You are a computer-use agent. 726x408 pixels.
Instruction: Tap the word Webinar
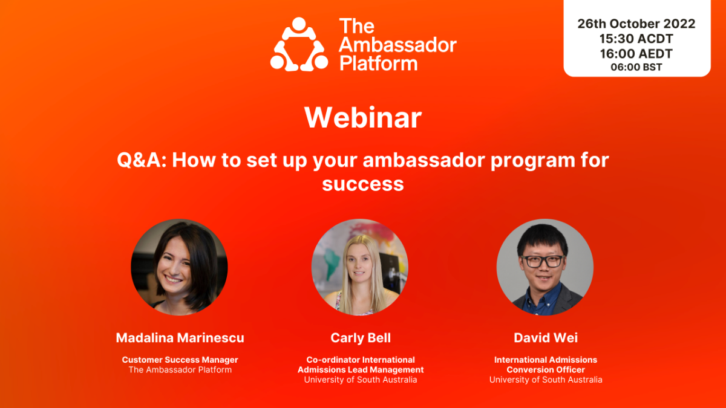pyautogui.click(x=363, y=117)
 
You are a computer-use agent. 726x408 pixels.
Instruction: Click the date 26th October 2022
pyautogui.click(x=636, y=24)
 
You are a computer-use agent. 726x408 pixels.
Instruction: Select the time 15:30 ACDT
pyautogui.click(x=636, y=39)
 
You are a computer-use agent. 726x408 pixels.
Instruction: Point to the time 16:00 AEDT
pyautogui.click(x=636, y=53)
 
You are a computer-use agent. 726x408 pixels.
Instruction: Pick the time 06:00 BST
pyautogui.click(x=636, y=67)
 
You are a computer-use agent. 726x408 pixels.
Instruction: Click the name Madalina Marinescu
pyautogui.click(x=180, y=338)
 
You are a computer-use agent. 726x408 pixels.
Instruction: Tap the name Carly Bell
pyautogui.click(x=361, y=338)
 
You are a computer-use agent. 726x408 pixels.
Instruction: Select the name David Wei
pyautogui.click(x=546, y=338)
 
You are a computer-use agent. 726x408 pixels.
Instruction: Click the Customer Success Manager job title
pyautogui.click(x=180, y=360)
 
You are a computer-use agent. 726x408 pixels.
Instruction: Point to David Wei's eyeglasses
pyautogui.click(x=543, y=261)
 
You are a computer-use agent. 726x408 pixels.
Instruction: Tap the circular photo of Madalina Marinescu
pyautogui.click(x=179, y=267)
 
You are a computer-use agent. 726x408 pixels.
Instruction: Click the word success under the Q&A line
pyautogui.click(x=363, y=183)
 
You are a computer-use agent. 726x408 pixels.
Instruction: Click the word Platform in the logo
pyautogui.click(x=378, y=63)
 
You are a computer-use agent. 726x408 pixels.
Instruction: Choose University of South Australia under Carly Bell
pyautogui.click(x=361, y=380)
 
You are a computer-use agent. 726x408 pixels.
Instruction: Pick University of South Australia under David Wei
pyautogui.click(x=546, y=380)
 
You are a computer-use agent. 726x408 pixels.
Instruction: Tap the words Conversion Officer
pyautogui.click(x=546, y=370)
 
